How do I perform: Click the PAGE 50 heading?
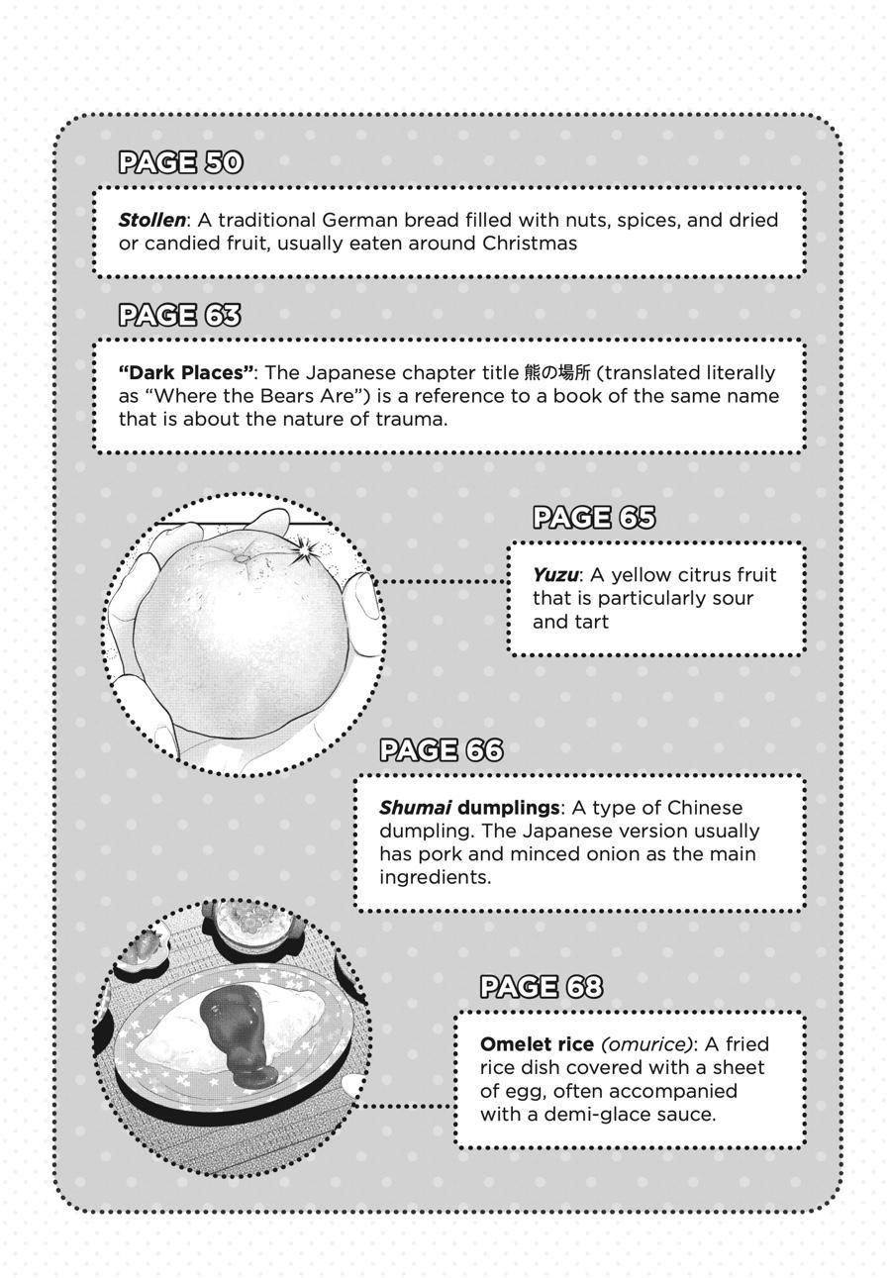(180, 162)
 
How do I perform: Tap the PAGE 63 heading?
(180, 315)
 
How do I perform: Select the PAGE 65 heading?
(593, 518)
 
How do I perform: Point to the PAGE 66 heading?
(441, 750)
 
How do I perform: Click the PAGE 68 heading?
(541, 987)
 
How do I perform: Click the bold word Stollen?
(151, 220)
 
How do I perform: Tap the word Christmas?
(533, 243)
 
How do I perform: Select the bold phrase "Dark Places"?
(186, 373)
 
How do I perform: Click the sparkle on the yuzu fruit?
(303, 547)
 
